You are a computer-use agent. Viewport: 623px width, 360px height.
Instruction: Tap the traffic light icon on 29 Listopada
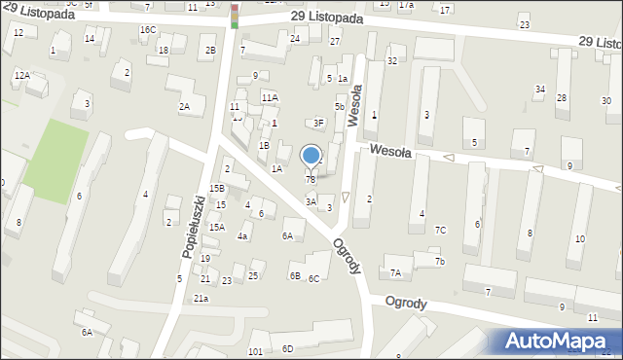[x=235, y=16]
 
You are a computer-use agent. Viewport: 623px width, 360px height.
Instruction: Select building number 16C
[x=147, y=30]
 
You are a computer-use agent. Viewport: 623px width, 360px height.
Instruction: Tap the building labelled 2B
[x=209, y=50]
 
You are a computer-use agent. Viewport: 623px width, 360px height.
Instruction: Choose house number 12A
[x=21, y=75]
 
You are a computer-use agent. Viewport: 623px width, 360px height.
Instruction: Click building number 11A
[x=270, y=97]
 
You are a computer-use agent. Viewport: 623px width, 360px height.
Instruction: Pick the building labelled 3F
[x=317, y=123]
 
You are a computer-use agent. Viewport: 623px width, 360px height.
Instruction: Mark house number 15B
[x=216, y=188]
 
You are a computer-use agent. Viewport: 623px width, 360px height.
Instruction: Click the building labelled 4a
[x=243, y=235]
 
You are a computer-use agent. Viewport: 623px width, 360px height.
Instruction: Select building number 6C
[x=313, y=279]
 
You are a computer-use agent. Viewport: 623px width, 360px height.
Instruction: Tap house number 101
[x=256, y=350]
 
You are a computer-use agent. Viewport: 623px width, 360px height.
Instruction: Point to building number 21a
[x=201, y=298]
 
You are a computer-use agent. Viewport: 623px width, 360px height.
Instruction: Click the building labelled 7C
[x=441, y=230]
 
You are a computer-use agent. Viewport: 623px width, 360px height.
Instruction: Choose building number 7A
[x=395, y=273]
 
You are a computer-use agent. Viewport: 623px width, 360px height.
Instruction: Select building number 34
[x=539, y=90]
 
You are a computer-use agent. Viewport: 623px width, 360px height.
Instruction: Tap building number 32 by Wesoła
[x=391, y=60]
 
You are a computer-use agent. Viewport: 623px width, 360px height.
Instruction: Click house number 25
[x=252, y=275]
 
